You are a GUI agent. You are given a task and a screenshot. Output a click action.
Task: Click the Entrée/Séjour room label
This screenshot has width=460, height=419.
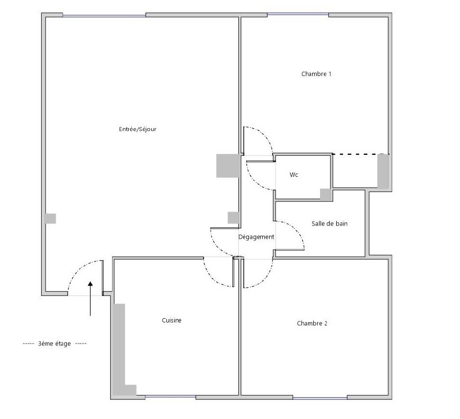tap(138, 129)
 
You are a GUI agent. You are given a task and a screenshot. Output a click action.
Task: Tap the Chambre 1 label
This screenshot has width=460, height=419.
tap(316, 74)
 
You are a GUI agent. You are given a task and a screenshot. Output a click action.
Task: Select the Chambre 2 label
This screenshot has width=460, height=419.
tap(312, 323)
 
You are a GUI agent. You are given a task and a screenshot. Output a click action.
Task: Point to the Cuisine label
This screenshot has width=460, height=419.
tap(172, 320)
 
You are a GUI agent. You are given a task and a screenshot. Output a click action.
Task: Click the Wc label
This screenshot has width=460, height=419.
tap(294, 175)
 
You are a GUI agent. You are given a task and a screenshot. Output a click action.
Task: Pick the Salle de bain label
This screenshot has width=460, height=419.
tap(329, 223)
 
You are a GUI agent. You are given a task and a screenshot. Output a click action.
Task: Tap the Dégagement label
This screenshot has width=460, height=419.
tap(256, 237)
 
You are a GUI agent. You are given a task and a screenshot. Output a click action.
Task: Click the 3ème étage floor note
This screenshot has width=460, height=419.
tap(55, 344)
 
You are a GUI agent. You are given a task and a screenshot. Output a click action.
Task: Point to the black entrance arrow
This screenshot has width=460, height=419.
tap(91, 298)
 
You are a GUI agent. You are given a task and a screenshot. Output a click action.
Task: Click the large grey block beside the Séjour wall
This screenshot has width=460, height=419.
tap(228, 166)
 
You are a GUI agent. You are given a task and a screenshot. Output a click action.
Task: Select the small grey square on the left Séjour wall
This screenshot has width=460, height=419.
tap(50, 219)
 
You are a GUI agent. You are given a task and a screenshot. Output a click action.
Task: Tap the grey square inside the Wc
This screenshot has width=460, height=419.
tap(325, 195)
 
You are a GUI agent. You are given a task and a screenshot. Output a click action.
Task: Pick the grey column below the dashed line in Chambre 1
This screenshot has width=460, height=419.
tap(383, 172)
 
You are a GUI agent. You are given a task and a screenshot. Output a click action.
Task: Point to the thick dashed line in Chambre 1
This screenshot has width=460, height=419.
tap(361, 154)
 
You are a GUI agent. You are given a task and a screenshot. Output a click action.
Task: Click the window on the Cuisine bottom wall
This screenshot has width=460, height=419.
tap(170, 397)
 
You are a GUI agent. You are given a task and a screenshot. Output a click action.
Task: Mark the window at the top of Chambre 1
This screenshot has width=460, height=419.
tap(298, 14)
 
